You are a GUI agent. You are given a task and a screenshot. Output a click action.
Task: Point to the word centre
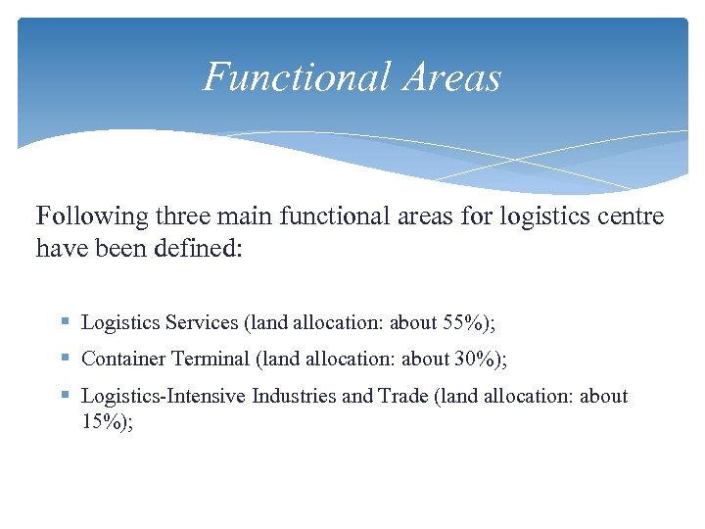(632, 216)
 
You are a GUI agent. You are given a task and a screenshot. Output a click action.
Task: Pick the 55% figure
(465, 322)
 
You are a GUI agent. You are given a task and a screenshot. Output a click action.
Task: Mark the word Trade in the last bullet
(399, 397)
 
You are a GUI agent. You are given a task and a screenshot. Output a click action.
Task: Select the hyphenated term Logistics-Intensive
(164, 397)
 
